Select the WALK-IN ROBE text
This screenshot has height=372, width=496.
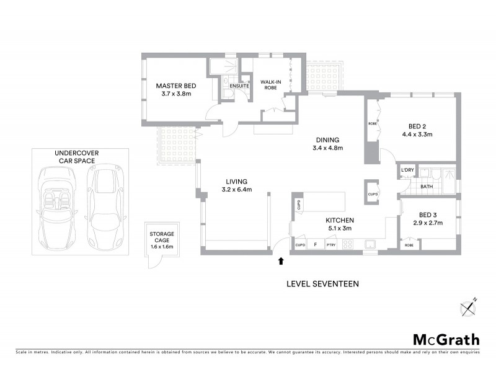click(x=271, y=85)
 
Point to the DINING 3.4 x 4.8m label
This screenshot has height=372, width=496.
click(x=328, y=144)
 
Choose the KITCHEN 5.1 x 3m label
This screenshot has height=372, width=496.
click(x=340, y=224)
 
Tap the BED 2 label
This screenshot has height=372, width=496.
click(x=417, y=129)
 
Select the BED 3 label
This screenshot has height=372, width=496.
click(x=428, y=218)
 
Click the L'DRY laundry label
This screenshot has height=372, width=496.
click(x=407, y=170)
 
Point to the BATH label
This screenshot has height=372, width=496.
click(x=427, y=186)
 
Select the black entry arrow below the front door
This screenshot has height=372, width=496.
click(x=281, y=261)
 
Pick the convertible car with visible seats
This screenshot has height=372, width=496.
click(x=56, y=204)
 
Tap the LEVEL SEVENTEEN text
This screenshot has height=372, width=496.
click(x=322, y=284)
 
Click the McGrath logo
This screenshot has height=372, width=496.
click(x=446, y=339)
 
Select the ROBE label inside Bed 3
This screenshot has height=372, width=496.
click(x=410, y=246)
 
